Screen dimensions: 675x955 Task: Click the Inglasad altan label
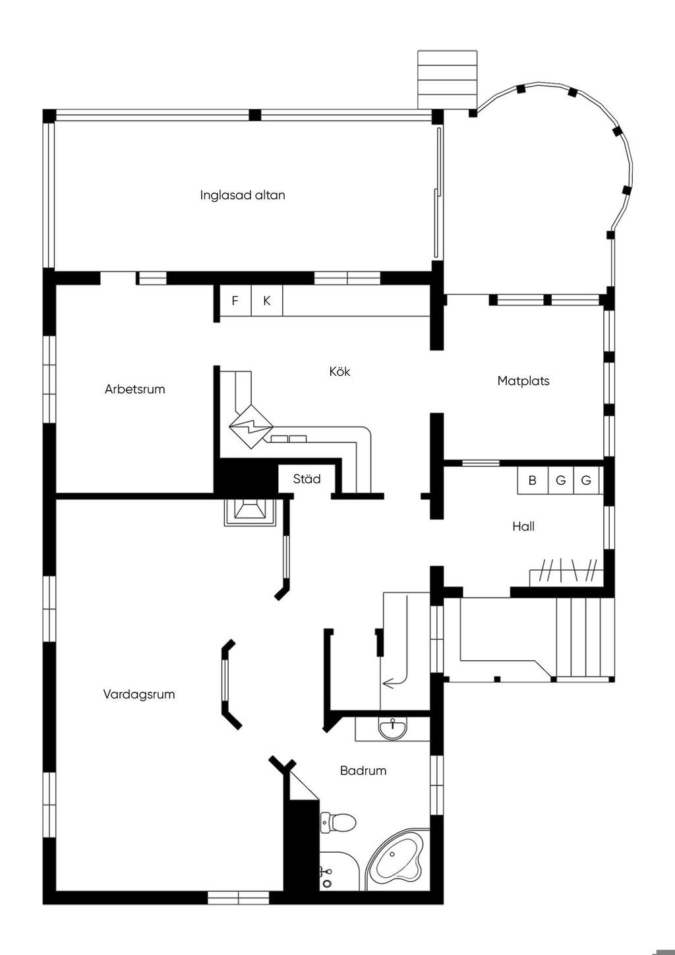point(243,195)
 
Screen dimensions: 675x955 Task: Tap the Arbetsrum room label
point(134,389)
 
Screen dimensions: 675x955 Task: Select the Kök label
point(339,371)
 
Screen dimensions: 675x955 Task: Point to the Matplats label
point(523,381)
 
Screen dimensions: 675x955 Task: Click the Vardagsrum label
point(139,694)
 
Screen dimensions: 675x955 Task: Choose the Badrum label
point(363,770)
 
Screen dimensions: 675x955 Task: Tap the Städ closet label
point(307,479)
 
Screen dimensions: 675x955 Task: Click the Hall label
point(523,526)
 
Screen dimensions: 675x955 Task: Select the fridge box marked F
point(235,301)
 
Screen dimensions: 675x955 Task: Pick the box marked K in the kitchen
point(267,301)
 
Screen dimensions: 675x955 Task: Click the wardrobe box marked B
point(533,481)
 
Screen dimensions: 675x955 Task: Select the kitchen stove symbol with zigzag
point(251,426)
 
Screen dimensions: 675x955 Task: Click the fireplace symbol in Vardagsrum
point(250,512)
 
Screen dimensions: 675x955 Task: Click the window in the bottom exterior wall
point(238,898)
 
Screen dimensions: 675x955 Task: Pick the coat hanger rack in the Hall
point(567,570)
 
